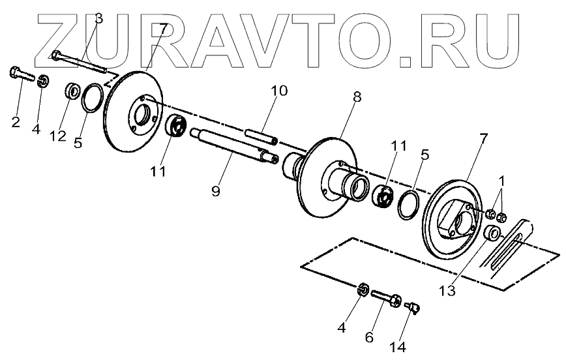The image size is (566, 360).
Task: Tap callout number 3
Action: [98, 18]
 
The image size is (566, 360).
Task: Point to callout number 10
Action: [278, 91]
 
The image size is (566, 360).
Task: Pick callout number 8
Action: [357, 95]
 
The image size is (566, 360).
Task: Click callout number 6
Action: [369, 338]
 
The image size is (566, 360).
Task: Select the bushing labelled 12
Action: [73, 89]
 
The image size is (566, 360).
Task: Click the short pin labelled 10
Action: [260, 137]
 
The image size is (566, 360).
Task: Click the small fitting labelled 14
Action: [411, 305]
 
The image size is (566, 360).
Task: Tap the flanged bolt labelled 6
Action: [387, 299]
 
